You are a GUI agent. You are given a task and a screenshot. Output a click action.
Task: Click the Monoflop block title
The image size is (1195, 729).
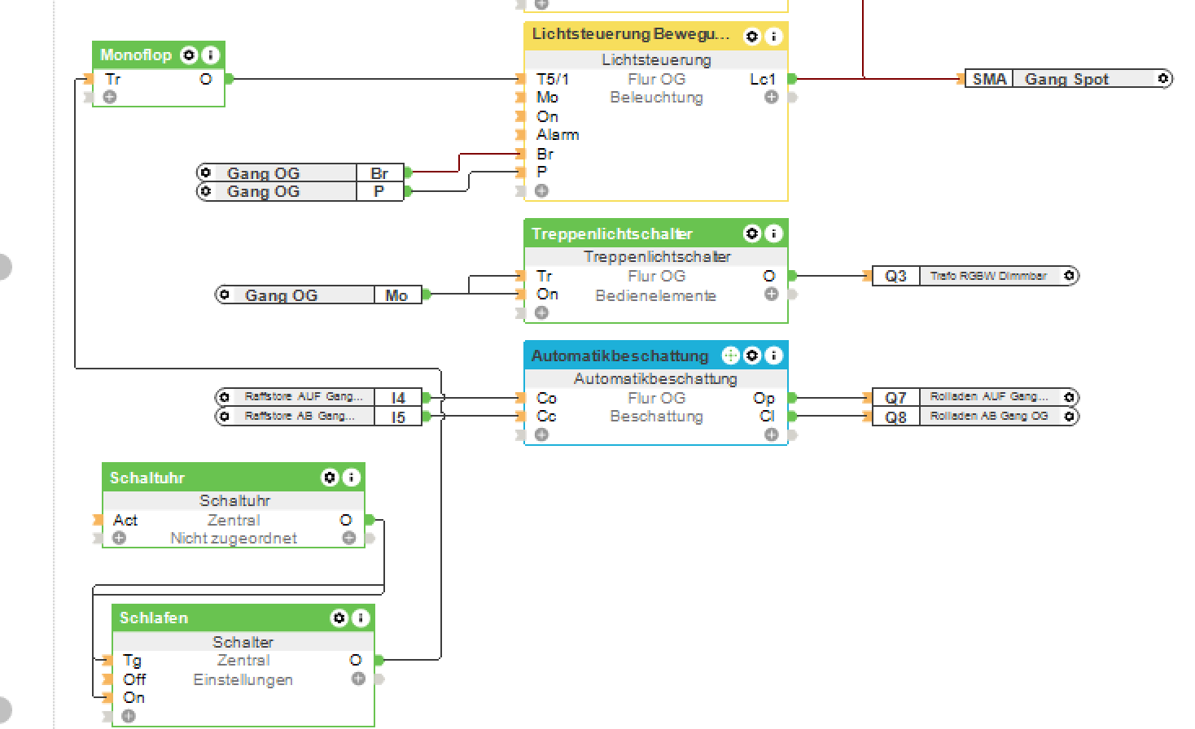click(x=136, y=55)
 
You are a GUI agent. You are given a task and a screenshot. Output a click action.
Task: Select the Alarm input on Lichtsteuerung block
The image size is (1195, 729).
click(x=558, y=135)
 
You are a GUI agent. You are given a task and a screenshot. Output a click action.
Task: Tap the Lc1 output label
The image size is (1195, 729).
click(x=762, y=79)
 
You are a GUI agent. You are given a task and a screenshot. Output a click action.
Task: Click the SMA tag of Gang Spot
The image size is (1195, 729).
click(x=989, y=79)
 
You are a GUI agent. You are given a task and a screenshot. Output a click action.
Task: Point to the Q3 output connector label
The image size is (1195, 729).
click(x=895, y=276)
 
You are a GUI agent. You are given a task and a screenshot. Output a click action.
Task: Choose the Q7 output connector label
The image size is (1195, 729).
click(x=895, y=398)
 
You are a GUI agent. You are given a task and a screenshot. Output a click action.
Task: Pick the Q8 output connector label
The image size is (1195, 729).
click(x=895, y=417)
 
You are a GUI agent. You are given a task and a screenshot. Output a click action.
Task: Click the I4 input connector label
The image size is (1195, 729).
click(x=398, y=398)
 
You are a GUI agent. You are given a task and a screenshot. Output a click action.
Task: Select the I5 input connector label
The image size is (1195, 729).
click(x=398, y=417)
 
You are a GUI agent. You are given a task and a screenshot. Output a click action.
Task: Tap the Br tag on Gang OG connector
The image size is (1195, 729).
click(x=379, y=173)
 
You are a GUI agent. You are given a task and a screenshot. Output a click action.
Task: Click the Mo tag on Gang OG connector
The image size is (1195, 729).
click(x=396, y=295)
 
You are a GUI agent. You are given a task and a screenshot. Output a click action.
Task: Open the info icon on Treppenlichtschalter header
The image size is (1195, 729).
click(x=774, y=234)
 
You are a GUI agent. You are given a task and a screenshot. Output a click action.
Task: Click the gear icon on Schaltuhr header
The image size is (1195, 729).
click(x=330, y=478)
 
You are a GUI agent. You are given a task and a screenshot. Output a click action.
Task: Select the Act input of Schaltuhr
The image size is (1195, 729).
click(x=125, y=520)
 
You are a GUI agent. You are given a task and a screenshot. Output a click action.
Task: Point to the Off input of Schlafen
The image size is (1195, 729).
click(x=134, y=679)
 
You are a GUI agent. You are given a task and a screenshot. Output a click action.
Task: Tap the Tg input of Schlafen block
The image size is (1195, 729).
click(x=132, y=661)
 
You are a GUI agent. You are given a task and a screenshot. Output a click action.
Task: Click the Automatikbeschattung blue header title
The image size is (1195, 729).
click(x=619, y=356)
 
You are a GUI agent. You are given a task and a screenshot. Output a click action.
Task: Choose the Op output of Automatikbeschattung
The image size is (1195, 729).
click(x=764, y=398)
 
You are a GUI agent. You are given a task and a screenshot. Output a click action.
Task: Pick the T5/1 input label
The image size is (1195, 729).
click(x=553, y=79)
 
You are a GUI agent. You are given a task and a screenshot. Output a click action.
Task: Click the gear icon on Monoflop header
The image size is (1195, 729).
click(x=189, y=55)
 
